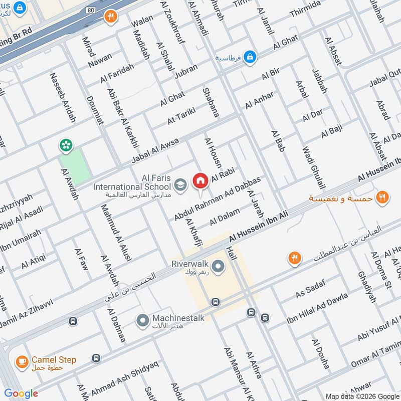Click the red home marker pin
point(200,180)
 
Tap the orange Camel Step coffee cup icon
point(22,361)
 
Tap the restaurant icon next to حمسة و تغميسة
point(382,197)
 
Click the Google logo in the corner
point(21,393)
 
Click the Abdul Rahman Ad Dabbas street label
point(218,198)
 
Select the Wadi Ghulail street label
point(311,167)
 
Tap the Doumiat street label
point(94,110)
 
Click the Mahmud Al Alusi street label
point(116,233)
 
